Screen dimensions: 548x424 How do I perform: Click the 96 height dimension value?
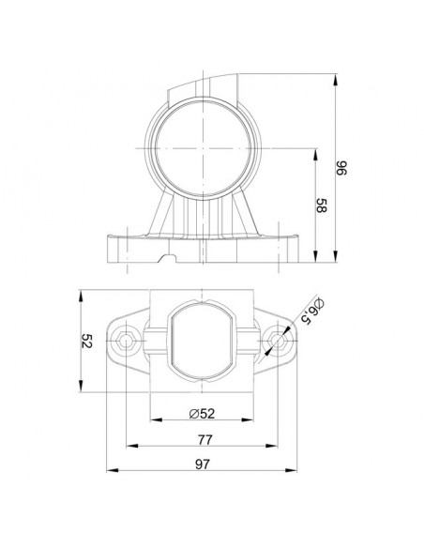(342, 170)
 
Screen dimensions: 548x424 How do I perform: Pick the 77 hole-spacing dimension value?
(204, 439)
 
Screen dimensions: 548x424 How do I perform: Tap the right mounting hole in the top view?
(277, 338)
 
